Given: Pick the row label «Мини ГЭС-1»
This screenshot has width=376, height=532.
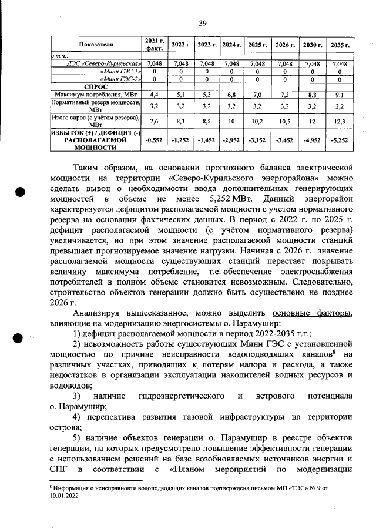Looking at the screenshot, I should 122,71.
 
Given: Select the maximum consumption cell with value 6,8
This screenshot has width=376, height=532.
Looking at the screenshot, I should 231,94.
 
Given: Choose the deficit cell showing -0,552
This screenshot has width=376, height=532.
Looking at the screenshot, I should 155,141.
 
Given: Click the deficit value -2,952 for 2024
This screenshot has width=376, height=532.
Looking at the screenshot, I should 231,141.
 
